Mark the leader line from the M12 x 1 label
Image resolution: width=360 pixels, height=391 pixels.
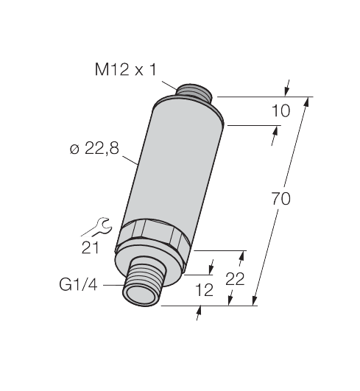click(170, 83)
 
